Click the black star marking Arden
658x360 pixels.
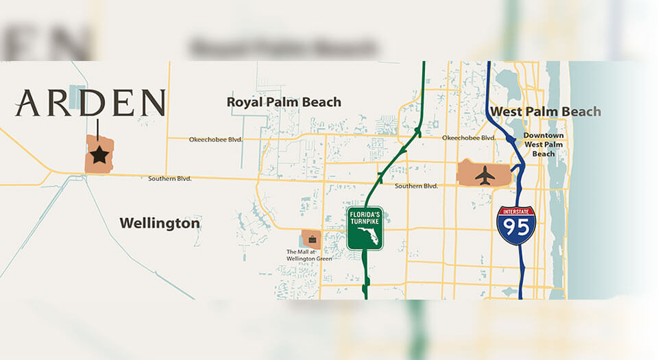click(x=99, y=155)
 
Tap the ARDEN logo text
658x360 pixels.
click(x=90, y=103)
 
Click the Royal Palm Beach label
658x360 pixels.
click(x=284, y=102)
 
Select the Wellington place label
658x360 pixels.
click(x=160, y=223)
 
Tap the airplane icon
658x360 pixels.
click(x=485, y=175)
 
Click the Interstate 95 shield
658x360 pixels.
click(x=517, y=225)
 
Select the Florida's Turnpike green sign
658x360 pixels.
click(x=365, y=228)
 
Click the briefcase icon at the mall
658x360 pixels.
click(x=312, y=239)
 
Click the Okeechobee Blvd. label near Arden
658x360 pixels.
click(x=215, y=139)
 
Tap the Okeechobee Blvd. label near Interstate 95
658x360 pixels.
click(x=469, y=138)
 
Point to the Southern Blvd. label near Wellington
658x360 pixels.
click(x=169, y=179)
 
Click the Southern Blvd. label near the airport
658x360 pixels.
click(x=416, y=186)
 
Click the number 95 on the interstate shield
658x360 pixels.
click(x=517, y=229)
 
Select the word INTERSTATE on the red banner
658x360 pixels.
click(x=517, y=212)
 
